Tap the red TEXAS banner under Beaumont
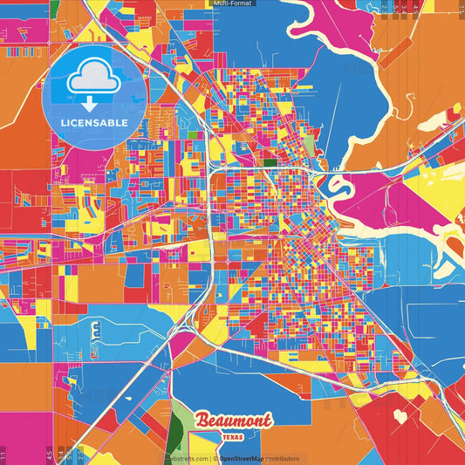click(x=233, y=435)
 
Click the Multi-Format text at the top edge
click(x=231, y=3)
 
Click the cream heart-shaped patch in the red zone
click(x=400, y=417)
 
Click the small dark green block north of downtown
click(x=270, y=162)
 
